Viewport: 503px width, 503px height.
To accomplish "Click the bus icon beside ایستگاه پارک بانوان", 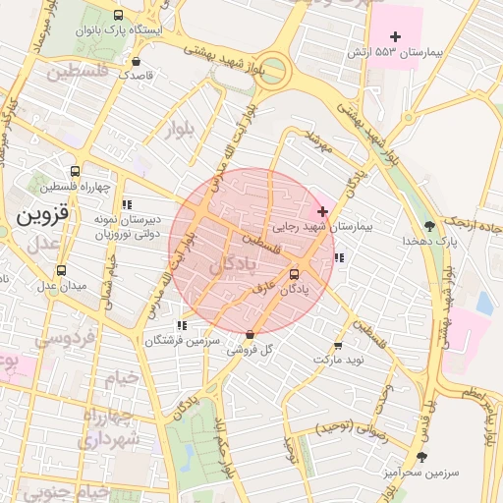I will tap(119, 16).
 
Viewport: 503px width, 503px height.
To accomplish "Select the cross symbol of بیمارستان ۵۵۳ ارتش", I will tap(396, 36).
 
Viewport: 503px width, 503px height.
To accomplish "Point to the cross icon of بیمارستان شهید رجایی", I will tap(322, 212).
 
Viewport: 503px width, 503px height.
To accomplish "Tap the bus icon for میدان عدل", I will tap(62, 271).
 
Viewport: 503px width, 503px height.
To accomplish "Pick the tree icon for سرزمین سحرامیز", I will tap(422, 457).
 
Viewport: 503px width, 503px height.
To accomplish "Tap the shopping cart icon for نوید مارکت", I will tap(339, 346).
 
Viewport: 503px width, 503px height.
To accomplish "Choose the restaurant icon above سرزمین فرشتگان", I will tap(181, 325).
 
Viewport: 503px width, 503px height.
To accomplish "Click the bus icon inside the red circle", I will tap(295, 275).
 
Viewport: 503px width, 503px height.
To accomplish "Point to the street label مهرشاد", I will tap(319, 142).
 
